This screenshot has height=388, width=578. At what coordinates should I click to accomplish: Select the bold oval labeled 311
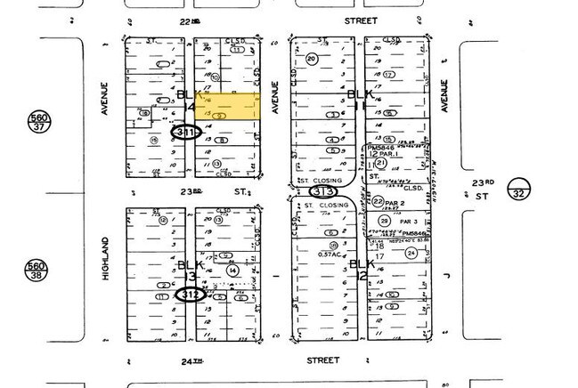pyautogui.click(x=185, y=133)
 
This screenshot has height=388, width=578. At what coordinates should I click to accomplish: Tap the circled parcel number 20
pyautogui.click(x=311, y=60)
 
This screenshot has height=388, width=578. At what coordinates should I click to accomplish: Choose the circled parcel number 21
pyautogui.click(x=381, y=163)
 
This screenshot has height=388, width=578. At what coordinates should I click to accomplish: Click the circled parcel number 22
pyautogui.click(x=378, y=201)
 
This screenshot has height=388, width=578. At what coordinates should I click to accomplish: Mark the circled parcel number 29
pyautogui.click(x=384, y=221)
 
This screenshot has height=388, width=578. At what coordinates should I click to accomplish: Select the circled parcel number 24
pyautogui.click(x=411, y=253)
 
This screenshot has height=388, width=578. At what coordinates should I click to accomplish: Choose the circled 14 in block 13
pyautogui.click(x=232, y=270)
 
